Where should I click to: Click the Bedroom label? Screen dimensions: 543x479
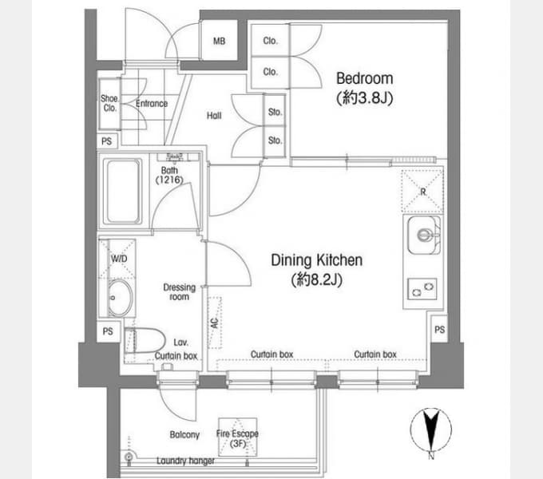coord(365,78)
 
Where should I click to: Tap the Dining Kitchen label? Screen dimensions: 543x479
coord(316,260)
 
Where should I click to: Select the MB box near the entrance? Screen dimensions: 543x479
coord(220,41)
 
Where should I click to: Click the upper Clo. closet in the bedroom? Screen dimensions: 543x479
coord(270,40)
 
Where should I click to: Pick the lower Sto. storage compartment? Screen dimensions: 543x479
coord(275,141)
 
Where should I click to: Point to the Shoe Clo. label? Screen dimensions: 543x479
coord(109,103)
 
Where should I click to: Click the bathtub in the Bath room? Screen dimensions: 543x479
coord(123,192)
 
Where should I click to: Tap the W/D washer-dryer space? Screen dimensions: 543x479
coord(117,259)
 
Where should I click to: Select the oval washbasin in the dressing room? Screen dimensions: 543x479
coord(120,298)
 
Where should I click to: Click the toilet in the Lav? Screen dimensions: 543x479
coord(145,341)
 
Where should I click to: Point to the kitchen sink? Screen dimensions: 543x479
coord(423,235)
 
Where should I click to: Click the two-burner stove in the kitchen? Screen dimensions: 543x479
coord(422,289)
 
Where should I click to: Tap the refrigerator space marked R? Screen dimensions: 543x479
coord(422,191)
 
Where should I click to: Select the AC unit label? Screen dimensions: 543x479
coord(215,323)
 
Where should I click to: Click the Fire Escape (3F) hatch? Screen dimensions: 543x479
coord(238,437)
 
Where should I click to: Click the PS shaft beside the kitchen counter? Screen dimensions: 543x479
coord(439,329)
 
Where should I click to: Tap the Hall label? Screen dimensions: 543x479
coord(214,116)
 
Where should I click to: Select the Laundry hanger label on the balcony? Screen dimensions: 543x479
coord(185,461)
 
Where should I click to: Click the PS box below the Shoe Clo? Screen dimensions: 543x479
coord(107,141)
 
